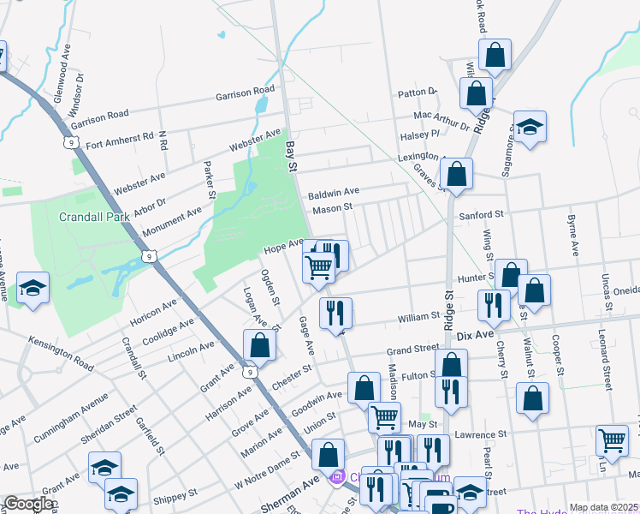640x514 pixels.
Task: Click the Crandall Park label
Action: click(x=94, y=217)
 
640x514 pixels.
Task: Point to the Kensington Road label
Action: click(x=60, y=353)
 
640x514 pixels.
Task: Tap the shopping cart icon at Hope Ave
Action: click(x=318, y=265)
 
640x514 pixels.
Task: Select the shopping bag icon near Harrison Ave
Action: click(x=259, y=344)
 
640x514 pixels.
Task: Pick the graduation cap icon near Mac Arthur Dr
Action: click(x=530, y=127)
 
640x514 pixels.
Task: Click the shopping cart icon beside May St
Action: click(x=384, y=416)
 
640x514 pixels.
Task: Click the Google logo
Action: click(x=28, y=504)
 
